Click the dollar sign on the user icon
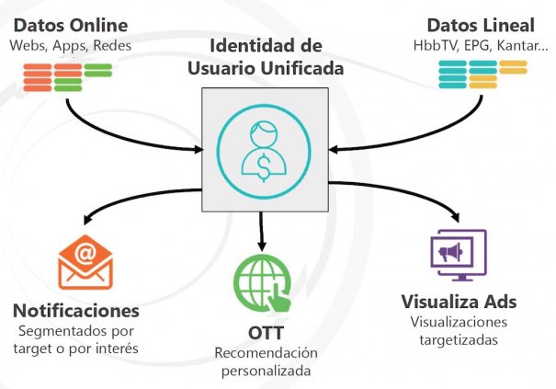(265, 164)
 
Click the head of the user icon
(265, 134)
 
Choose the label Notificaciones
(77, 310)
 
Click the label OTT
(265, 332)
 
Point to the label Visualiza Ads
(460, 303)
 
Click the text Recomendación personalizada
(265, 362)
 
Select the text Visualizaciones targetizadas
(460, 331)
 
